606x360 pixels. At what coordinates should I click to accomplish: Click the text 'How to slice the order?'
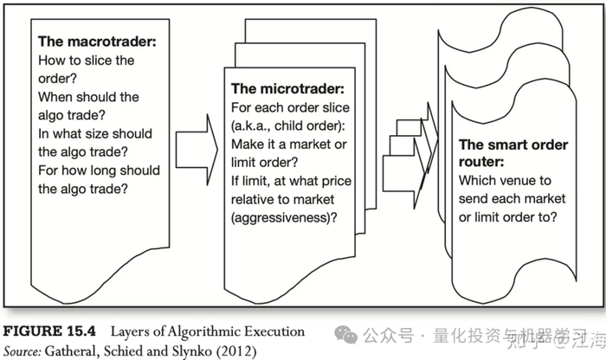click(87, 69)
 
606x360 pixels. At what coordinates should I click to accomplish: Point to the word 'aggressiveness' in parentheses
click(288, 216)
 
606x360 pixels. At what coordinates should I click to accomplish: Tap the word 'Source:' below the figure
click(24, 350)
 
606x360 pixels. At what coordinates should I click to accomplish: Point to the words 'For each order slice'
click(290, 107)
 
